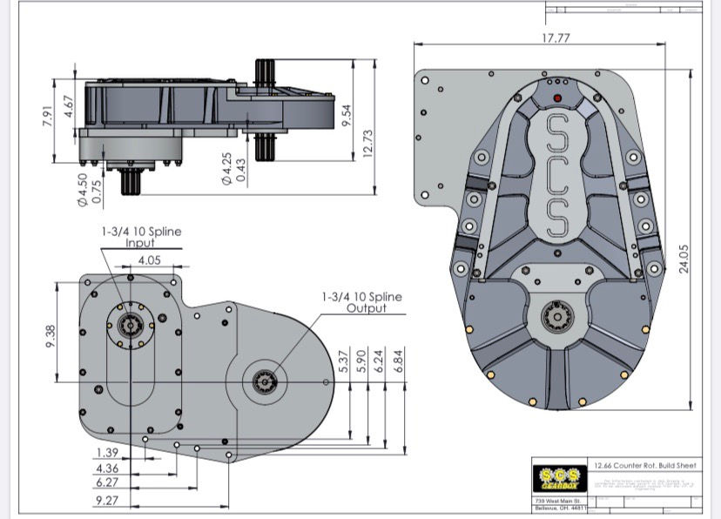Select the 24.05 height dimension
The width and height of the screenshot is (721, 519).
[x=684, y=258]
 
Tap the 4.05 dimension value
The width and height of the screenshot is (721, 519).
[x=149, y=260]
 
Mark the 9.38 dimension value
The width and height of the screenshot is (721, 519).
[x=50, y=332]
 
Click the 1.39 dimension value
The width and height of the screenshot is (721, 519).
[x=108, y=454]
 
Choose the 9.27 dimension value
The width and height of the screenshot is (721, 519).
[x=108, y=501]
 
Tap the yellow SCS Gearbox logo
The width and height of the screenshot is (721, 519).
[x=557, y=478]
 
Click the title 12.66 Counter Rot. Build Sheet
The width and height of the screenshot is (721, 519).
[x=644, y=466]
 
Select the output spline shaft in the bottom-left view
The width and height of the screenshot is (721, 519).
[x=264, y=381]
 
